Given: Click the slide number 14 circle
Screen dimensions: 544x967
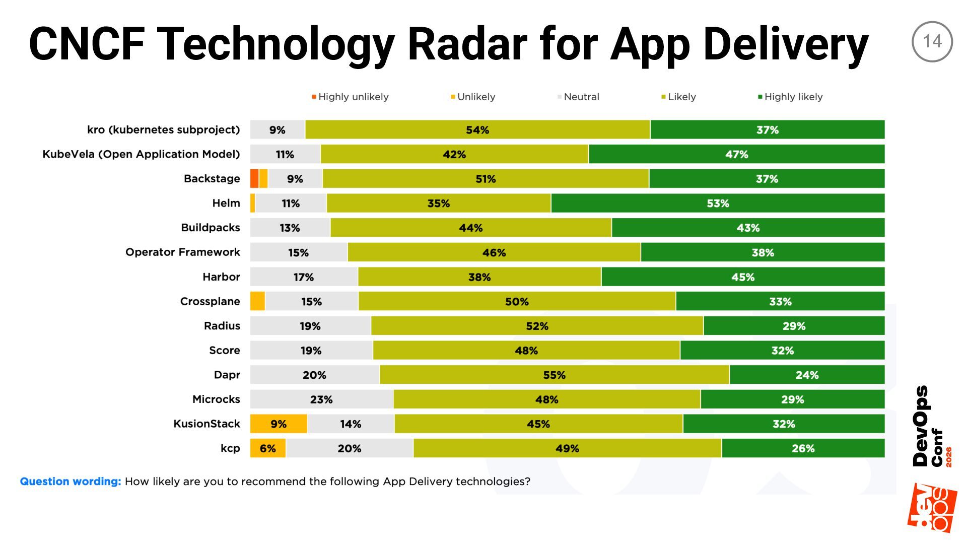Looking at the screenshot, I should coord(932,41).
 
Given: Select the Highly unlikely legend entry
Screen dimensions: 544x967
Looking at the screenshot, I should coord(351,97).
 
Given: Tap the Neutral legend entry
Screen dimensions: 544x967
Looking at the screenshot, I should coord(579,97).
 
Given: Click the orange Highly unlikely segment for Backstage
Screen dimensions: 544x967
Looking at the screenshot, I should coord(254,179).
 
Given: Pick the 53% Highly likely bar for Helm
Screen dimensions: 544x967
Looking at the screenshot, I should coord(718,203).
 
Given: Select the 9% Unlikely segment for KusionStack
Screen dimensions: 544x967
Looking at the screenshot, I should coord(279,424).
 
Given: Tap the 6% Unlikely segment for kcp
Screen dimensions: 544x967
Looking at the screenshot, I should coord(268,448).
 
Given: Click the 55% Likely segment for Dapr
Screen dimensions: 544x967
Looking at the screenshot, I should coord(554,375).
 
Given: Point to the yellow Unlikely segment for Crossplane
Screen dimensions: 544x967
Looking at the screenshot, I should coord(257,301).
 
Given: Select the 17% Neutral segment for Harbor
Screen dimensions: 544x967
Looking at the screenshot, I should coord(304,277).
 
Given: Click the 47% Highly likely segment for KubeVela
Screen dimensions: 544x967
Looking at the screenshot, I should coord(736,154).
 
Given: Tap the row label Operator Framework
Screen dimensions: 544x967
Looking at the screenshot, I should coord(183,252).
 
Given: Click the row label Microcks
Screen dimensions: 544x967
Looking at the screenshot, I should coord(216,399).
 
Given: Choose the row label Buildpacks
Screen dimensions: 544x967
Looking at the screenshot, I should coord(211,228).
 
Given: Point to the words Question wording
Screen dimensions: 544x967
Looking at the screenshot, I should coord(71,482).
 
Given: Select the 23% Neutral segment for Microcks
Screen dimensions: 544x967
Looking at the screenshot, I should coord(321,399).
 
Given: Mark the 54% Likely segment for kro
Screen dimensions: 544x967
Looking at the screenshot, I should coord(477,129).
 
